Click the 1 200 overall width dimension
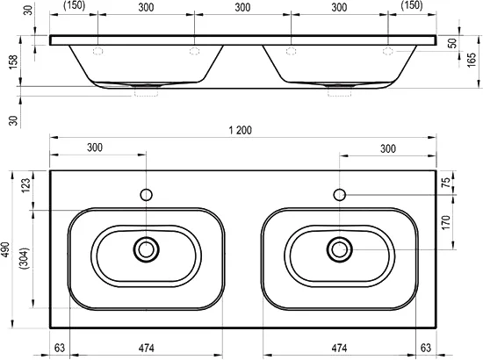(x=241, y=130)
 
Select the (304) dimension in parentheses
(x=24, y=258)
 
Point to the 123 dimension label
(x=25, y=185)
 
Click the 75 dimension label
(x=446, y=183)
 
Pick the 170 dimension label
(x=446, y=222)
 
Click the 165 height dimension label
(x=472, y=61)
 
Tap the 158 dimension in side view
(x=13, y=61)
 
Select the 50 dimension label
(x=452, y=43)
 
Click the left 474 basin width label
(x=146, y=348)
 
